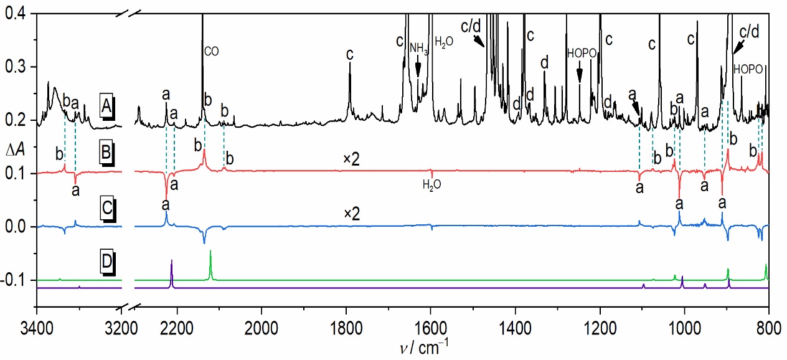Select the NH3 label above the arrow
(418, 48)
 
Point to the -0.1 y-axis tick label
(17, 280)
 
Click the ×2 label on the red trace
(352, 160)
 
